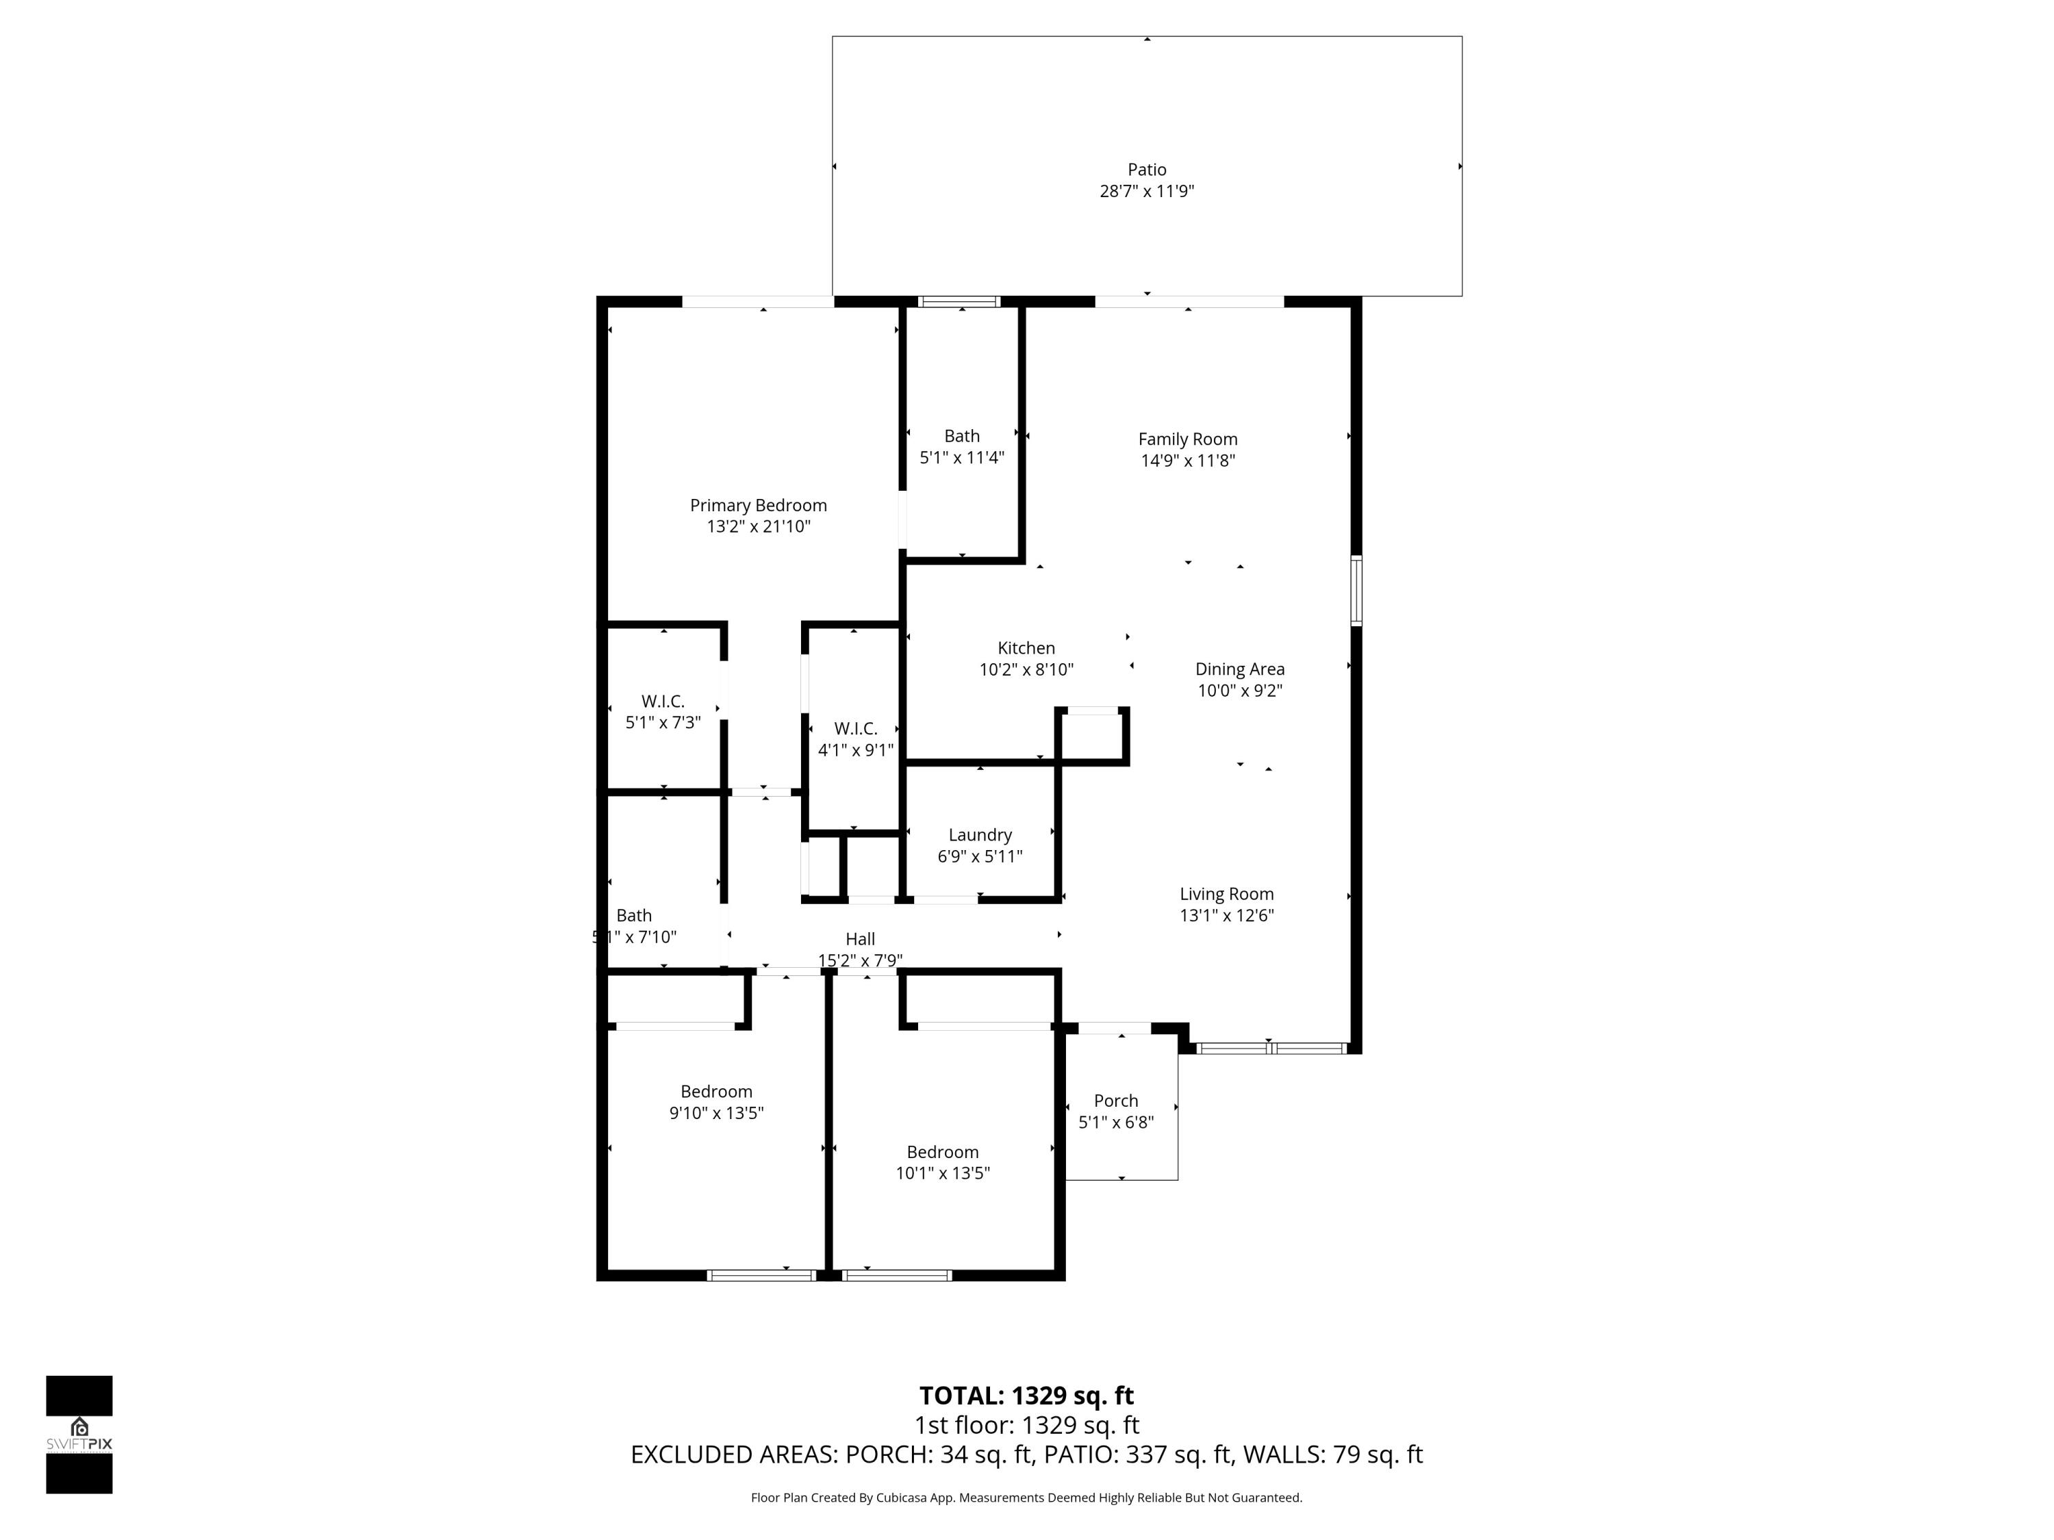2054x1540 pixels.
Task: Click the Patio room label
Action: [x=1146, y=170]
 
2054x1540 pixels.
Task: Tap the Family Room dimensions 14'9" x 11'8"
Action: [x=1188, y=461]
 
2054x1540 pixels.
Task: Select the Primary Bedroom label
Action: [x=758, y=505]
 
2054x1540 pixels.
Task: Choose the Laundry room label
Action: [x=980, y=834]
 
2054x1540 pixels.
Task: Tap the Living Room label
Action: [x=1226, y=894]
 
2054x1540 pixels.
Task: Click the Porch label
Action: [x=1115, y=1100]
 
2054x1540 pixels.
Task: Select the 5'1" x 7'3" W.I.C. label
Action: [x=662, y=702]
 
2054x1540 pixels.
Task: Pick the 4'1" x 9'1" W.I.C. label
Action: [x=855, y=729]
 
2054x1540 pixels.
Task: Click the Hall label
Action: [x=860, y=938]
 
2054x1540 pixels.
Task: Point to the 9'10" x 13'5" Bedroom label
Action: [x=716, y=1092]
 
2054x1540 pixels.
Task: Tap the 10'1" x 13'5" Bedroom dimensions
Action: [x=943, y=1173]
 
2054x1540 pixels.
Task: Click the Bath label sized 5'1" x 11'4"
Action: [x=961, y=435]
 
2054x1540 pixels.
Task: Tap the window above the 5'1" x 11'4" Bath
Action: [x=959, y=302]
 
